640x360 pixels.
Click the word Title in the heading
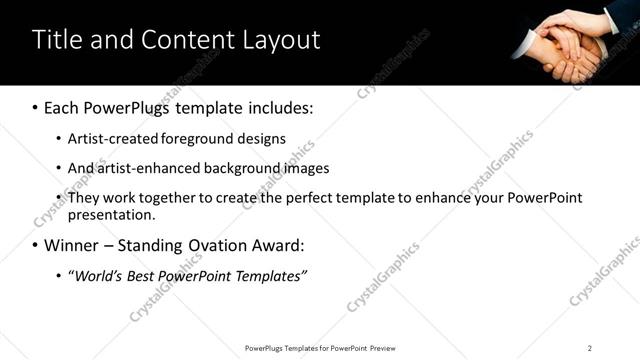[x=56, y=40]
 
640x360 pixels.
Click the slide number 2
[x=590, y=348]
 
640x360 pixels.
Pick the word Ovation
[x=226, y=245]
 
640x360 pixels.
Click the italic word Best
[x=142, y=275]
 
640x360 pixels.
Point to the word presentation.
[x=112, y=214]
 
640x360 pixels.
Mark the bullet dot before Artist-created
[x=59, y=139]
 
